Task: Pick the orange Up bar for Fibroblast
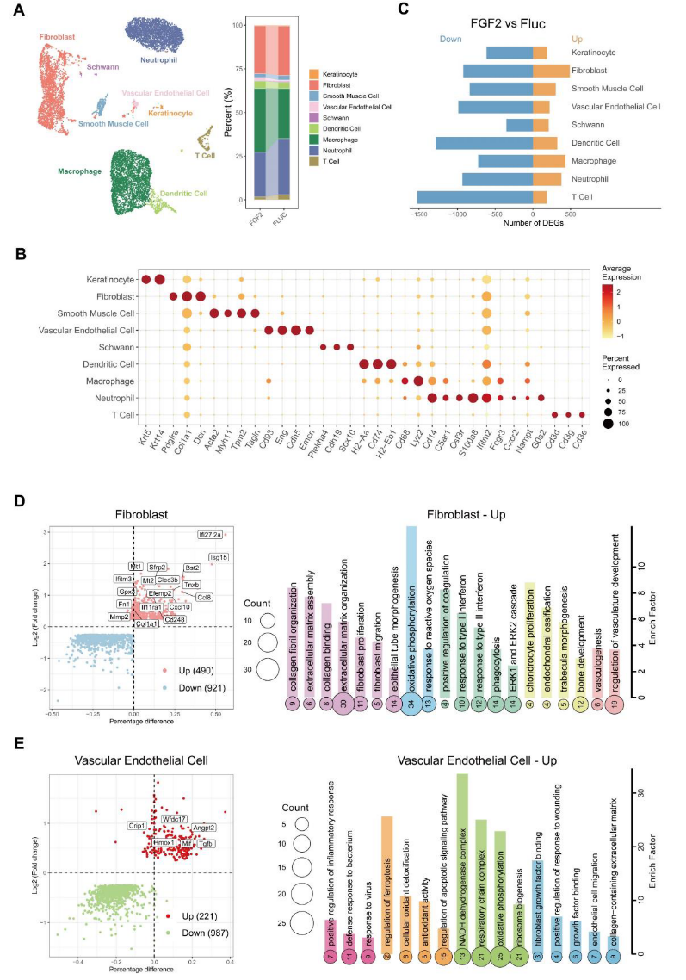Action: pyautogui.click(x=551, y=71)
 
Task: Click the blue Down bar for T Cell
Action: pyautogui.click(x=475, y=197)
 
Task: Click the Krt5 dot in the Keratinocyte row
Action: pyautogui.click(x=146, y=279)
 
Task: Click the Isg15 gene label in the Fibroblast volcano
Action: pyautogui.click(x=219, y=557)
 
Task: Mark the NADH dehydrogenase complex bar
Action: pyautogui.click(x=462, y=853)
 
